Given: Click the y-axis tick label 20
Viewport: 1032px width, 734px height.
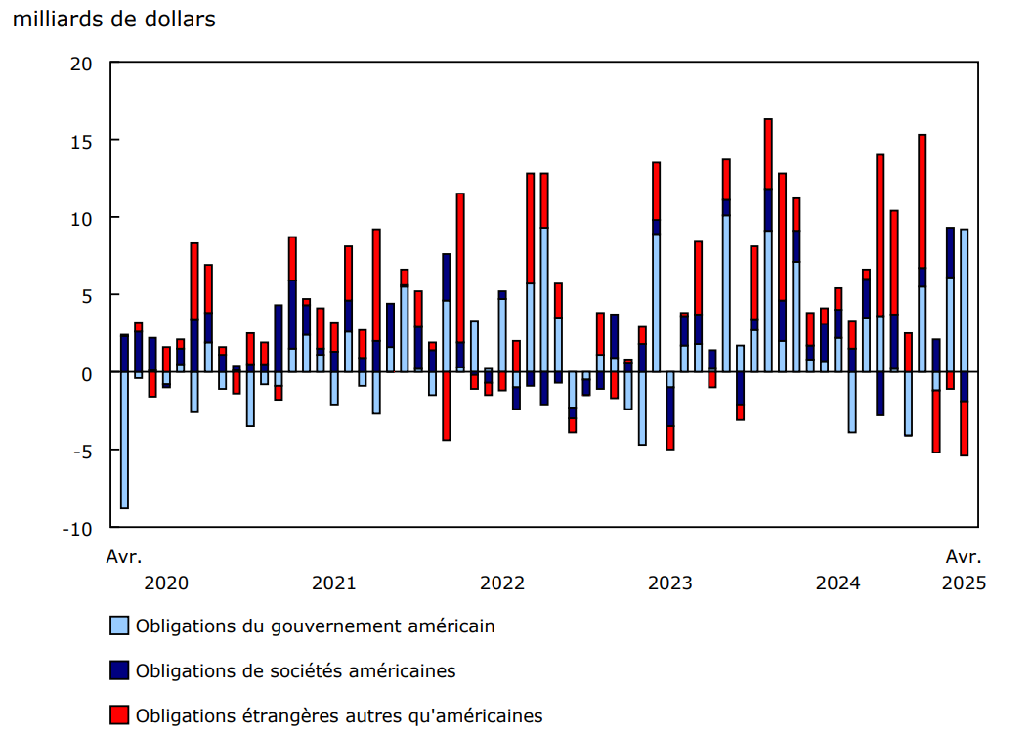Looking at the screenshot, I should coord(81,64).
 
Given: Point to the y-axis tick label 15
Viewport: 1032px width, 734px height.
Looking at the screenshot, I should coord(81,141).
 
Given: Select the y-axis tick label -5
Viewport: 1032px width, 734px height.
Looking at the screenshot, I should coord(81,451).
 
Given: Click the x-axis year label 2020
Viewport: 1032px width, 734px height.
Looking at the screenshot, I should coord(166,583).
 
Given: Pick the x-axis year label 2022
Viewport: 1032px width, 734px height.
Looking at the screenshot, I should coord(502,583).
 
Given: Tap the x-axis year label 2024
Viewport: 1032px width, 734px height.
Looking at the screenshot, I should coord(838,583).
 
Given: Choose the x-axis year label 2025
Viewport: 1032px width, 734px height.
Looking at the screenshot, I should coord(964,583).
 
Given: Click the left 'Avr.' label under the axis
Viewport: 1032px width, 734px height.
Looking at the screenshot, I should coord(124,557).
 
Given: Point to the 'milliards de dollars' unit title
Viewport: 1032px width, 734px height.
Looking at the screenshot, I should coord(113,20).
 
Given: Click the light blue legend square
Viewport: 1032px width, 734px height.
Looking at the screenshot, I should coord(119,626).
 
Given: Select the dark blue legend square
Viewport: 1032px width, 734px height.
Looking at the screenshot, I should coord(119,670).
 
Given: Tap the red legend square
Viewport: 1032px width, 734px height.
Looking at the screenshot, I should coord(119,715).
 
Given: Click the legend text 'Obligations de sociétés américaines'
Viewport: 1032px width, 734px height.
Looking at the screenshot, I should coord(296,670).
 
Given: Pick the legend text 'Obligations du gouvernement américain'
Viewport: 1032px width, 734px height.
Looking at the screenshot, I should coord(316,626).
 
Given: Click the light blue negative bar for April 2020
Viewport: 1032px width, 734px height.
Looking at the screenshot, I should coord(124,440).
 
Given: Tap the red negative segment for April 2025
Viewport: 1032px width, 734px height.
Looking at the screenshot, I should coord(965,429).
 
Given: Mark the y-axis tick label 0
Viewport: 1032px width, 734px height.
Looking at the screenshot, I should coord(89,373).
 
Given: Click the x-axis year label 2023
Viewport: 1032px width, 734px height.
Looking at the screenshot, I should coord(670,583).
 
